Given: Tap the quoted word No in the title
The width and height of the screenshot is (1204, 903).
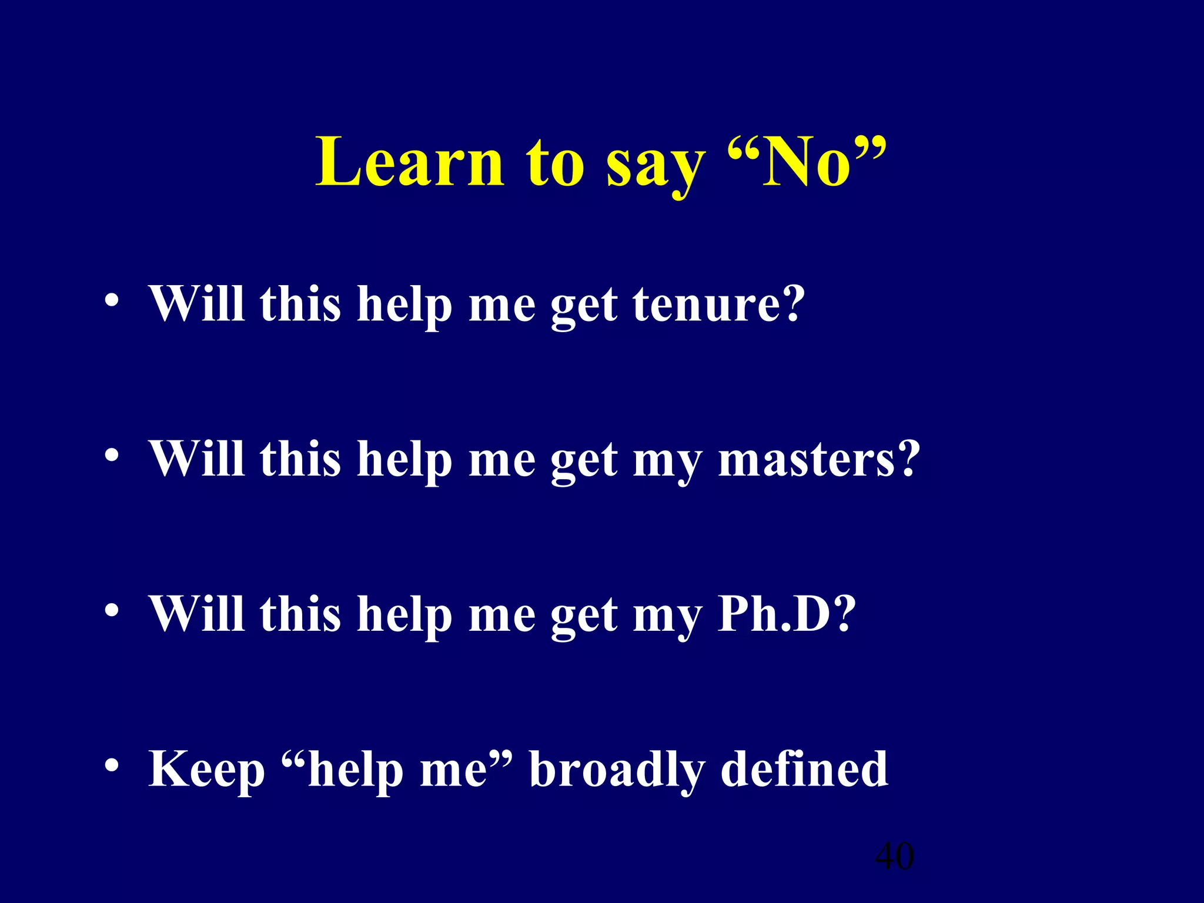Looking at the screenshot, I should pyautogui.click(x=806, y=162).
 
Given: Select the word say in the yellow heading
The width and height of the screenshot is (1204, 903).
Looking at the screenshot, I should pyautogui.click(x=655, y=168).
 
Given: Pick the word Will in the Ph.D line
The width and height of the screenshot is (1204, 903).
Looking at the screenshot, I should pyautogui.click(x=197, y=614).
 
